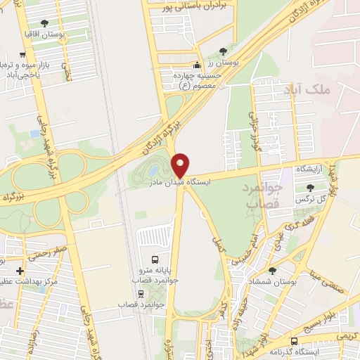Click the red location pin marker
pyautogui.click(x=181, y=165)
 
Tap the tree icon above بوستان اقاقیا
pyautogui.click(x=45, y=23)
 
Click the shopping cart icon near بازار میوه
pyautogui.click(x=22, y=55)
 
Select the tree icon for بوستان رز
pyautogui.click(x=224, y=51)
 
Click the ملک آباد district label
pyautogui.click(x=307, y=90)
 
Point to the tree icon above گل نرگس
pyautogui.click(x=311, y=187)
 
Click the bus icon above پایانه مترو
pyautogui.click(x=155, y=258)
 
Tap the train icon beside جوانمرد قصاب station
pyautogui.click(x=142, y=295)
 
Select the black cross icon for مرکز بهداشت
pyautogui.click(x=20, y=271)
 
